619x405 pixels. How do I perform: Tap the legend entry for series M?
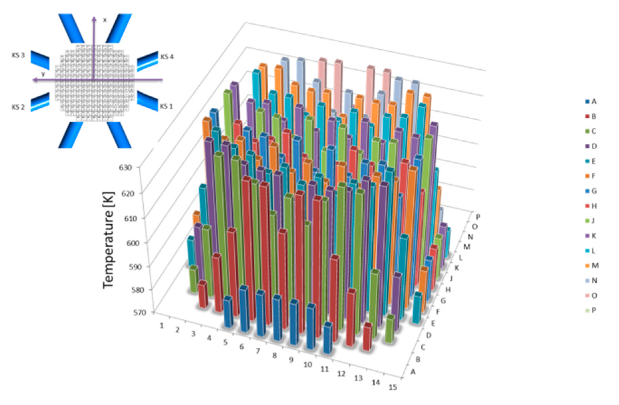point(592,265)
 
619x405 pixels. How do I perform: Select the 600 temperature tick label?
point(132,243)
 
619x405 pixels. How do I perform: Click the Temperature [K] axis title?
point(108,240)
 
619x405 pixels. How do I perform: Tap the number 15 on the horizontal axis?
point(393,387)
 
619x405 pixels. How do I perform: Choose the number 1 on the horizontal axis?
point(162,326)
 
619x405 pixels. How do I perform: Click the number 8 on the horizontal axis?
point(275,355)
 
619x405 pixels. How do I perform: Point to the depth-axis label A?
point(413,372)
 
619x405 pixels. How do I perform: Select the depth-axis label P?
point(478,217)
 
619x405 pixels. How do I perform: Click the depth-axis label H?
point(448,290)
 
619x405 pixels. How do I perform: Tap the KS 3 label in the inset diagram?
point(18,55)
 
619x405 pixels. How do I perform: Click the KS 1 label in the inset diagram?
point(166,106)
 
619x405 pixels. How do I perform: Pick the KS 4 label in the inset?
point(167,57)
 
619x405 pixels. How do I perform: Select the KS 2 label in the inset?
point(18,107)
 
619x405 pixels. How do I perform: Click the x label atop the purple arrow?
point(105,20)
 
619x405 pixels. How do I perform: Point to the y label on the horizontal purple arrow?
point(43,74)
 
